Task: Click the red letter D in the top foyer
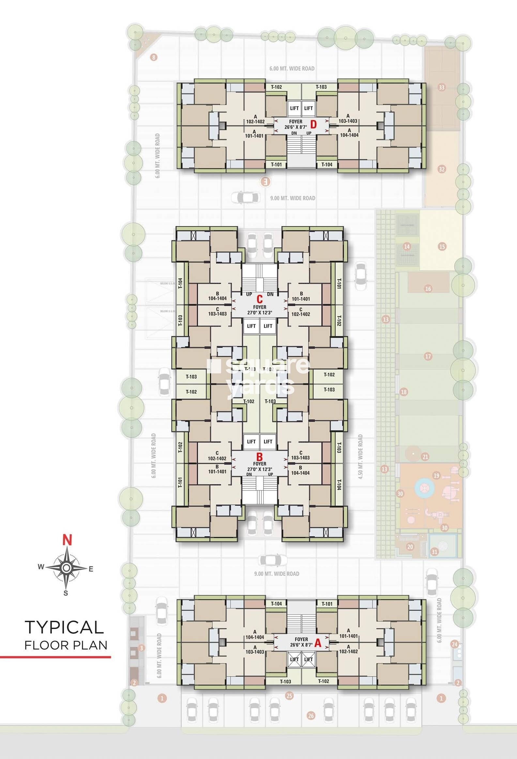point(313,124)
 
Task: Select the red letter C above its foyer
point(260,299)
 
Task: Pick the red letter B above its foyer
point(260,456)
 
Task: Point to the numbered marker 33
point(442,87)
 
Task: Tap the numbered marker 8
point(154,57)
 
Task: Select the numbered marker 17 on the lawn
point(428,356)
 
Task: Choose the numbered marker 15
point(442,247)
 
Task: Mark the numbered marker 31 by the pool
point(435,552)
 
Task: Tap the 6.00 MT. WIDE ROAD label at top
point(292,68)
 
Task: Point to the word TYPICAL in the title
point(64,627)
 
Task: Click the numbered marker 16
point(428,289)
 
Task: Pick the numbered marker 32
point(442,169)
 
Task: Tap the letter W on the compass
point(41,567)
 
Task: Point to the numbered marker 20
point(410,547)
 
